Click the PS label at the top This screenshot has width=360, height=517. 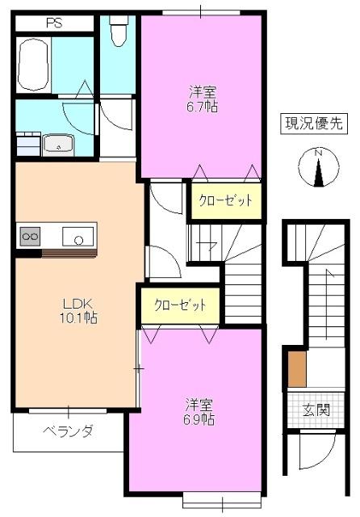point(55,23)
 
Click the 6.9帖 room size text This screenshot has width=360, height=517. point(198,420)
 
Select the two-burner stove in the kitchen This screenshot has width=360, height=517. point(31,236)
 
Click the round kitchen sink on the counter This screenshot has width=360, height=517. point(79,238)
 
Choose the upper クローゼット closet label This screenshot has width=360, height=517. point(225,200)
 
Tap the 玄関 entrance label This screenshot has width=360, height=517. point(316,410)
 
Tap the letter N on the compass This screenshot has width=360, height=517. point(318,153)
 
